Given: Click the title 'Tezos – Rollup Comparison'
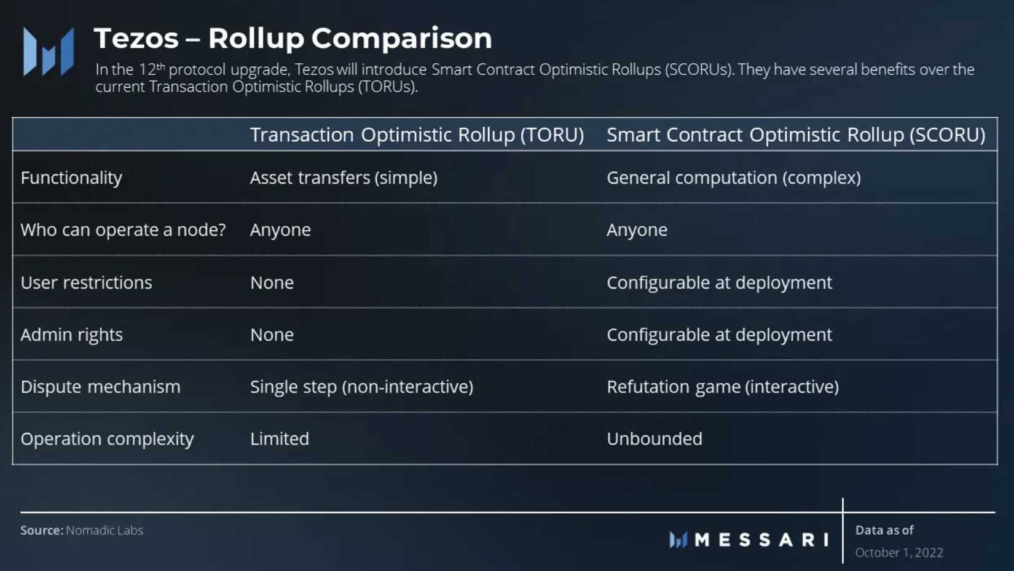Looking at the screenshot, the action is coord(293,38).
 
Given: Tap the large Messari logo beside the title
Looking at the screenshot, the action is coord(49,52).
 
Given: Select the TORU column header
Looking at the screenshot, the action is coord(417,134).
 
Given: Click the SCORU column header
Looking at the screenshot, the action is coord(796,134).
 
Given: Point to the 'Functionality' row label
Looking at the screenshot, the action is coord(71,178).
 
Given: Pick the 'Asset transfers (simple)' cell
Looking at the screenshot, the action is coord(344,177).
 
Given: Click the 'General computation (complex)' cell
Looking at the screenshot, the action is coord(734,177).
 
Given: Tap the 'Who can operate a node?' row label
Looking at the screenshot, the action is coord(123,230).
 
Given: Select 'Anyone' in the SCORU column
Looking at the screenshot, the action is coord(637,230).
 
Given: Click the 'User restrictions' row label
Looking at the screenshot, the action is coord(87,282).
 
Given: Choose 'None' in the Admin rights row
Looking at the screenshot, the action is coord(272,335).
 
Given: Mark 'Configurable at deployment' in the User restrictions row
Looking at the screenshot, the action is coord(719,283).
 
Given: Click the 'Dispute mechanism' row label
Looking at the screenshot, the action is coord(101,387).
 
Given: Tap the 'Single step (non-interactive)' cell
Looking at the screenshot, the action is coord(362,387).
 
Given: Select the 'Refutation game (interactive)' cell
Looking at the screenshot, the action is coord(723,387).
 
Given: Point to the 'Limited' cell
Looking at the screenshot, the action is coord(280,439).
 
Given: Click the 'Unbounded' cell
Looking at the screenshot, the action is coord(654,439).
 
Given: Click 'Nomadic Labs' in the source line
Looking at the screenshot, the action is coord(104,530).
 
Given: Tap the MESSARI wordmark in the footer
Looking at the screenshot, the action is coord(762,540).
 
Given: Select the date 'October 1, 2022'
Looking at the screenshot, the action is coord(899,553).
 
